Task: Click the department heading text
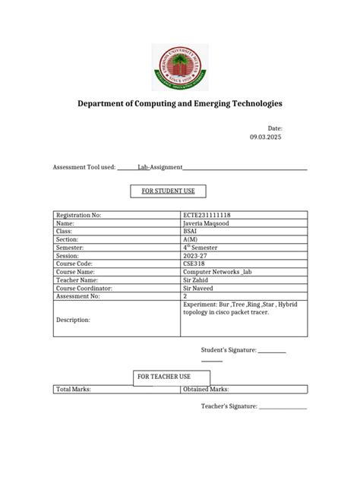click(179, 103)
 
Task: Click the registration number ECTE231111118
click(207, 215)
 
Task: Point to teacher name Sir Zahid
click(197, 279)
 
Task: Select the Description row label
click(73, 320)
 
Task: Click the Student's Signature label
click(229, 350)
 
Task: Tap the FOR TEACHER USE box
click(163, 377)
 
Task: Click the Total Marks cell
click(74, 389)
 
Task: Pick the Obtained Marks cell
click(207, 389)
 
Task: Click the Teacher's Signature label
click(229, 407)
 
